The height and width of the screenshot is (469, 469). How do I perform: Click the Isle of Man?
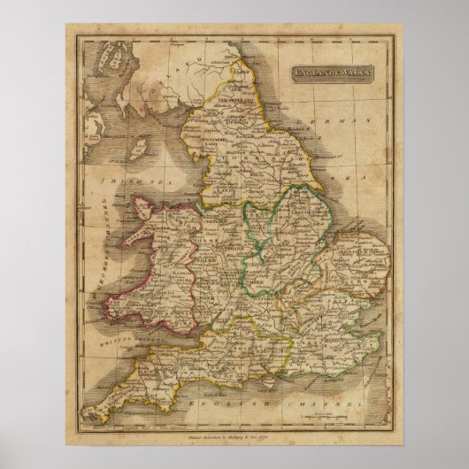pos(140,143)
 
